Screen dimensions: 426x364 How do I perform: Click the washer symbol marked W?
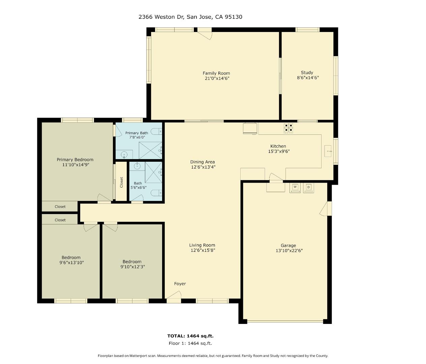(295, 188)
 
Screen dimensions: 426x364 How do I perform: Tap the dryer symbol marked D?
(308, 188)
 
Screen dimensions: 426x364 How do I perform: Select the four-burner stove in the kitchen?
(288, 128)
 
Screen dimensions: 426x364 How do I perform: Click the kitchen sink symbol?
(328, 151)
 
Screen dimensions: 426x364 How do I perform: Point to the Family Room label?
(216, 73)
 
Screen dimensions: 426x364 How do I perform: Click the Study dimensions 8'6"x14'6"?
(308, 78)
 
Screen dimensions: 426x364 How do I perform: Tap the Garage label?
(288, 245)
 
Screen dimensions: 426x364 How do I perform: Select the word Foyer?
(180, 284)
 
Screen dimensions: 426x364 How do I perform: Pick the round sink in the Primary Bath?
(124, 154)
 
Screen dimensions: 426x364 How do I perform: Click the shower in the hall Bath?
(154, 172)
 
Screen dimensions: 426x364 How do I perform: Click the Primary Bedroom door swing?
(104, 198)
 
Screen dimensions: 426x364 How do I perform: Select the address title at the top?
(190, 17)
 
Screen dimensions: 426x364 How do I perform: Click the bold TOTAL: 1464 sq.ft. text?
(190, 336)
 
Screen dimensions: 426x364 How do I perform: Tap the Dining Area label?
(203, 162)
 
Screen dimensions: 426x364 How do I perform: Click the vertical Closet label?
(121, 182)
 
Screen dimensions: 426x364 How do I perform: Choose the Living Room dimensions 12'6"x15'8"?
(203, 250)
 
